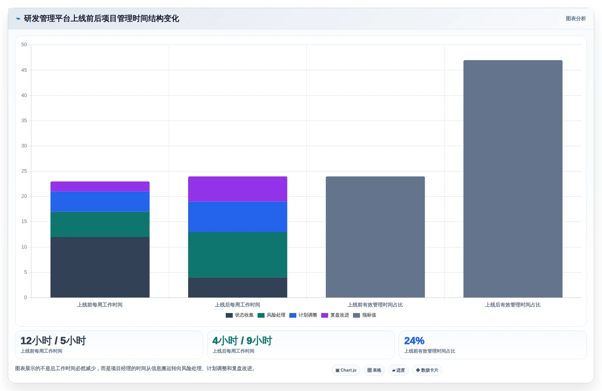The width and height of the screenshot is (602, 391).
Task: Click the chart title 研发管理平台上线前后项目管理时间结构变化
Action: coord(101,19)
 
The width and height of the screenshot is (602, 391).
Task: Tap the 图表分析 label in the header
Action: coord(576,19)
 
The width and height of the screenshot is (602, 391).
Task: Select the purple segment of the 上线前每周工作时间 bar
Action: coord(100,187)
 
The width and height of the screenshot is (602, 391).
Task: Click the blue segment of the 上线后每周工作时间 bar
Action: coord(237,217)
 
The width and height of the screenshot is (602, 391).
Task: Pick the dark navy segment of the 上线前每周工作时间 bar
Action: coord(100,267)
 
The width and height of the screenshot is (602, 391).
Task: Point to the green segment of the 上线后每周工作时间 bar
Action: coord(237,255)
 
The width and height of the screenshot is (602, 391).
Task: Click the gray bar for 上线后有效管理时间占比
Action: coord(513,179)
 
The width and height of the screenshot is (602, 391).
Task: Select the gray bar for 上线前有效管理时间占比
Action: coord(375,237)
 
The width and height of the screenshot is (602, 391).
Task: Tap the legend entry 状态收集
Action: coord(239,315)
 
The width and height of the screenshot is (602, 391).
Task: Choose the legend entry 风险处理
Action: coord(272,315)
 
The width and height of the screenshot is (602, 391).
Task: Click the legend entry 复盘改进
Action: coord(335,315)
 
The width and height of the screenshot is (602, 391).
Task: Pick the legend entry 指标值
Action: coord(365,315)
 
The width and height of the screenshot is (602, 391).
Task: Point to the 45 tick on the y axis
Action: coord(24,70)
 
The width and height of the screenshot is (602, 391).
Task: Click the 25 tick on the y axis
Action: coord(24,171)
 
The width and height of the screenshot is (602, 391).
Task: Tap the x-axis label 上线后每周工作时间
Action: coord(237,305)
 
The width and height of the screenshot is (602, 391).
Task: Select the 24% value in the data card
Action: coord(414,341)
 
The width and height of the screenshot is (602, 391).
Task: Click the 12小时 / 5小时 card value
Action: coord(53,341)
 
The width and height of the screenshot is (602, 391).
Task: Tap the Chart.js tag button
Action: coord(346,370)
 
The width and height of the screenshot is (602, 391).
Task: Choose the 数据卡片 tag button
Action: coord(427,370)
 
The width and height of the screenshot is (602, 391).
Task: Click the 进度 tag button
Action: coord(398,370)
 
